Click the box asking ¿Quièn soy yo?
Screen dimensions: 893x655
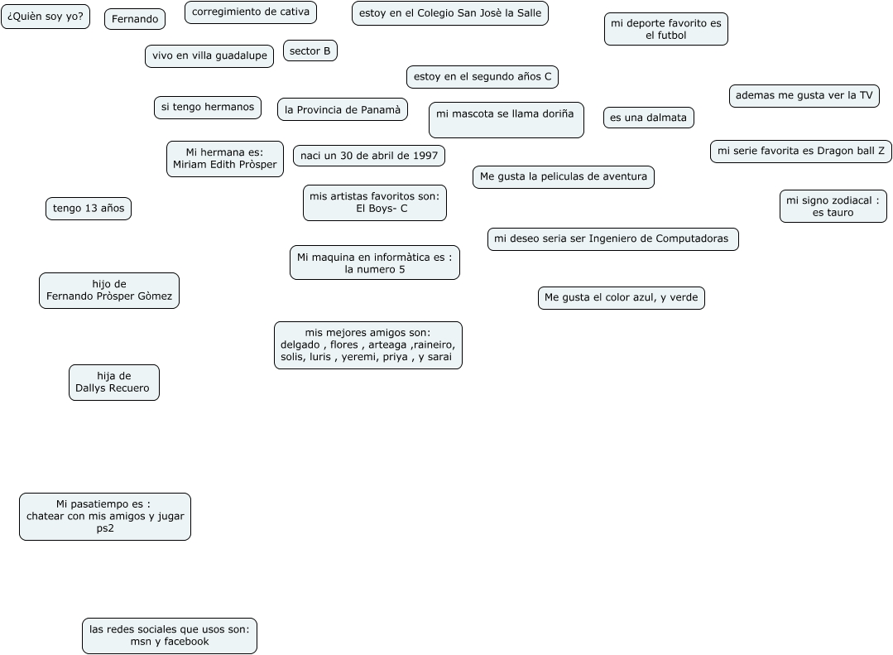coord(46,16)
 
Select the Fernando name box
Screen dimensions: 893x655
coord(135,19)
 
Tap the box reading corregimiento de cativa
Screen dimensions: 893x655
coord(250,12)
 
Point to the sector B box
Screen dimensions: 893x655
coord(310,51)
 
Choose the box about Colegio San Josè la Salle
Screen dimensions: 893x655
coord(449,13)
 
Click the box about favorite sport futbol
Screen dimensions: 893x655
coord(665,29)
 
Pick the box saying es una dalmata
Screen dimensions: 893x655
coord(648,118)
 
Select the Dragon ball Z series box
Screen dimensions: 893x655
coord(800,152)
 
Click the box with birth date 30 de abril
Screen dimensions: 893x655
coord(368,156)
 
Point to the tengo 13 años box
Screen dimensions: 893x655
coord(89,209)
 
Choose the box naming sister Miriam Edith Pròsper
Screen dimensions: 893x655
coord(224,159)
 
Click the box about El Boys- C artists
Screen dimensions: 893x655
coord(374,203)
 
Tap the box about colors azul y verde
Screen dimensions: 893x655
coord(621,298)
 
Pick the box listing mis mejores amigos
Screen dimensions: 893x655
coord(367,345)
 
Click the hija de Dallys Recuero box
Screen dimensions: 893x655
coord(113,383)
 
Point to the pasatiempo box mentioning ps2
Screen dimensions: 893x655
coord(105,517)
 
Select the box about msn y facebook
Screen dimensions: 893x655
coord(170,636)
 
